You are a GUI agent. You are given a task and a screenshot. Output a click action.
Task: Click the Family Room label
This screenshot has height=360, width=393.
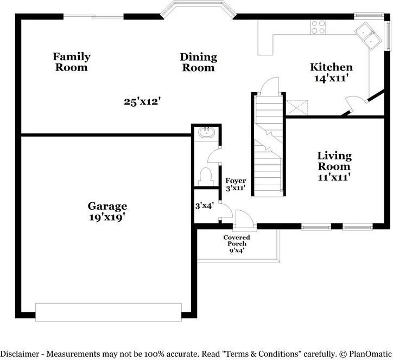click(x=71, y=62)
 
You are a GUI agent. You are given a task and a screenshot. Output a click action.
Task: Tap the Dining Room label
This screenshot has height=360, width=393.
click(x=198, y=62)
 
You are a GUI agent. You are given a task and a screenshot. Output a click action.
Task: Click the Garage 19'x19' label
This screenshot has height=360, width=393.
click(x=107, y=211)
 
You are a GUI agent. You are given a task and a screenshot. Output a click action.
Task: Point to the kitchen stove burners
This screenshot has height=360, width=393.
click(x=318, y=27)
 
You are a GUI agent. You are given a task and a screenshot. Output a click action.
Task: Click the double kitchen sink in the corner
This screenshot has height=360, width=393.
click(x=367, y=37)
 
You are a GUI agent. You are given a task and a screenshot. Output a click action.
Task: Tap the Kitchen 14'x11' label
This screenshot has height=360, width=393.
click(x=331, y=73)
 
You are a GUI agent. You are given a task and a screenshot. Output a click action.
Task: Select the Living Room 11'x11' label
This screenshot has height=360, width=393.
click(x=334, y=166)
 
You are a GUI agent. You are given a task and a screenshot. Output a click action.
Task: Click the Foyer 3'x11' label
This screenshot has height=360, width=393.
click(x=236, y=184)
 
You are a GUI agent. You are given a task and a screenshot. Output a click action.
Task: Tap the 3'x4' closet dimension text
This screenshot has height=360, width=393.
click(x=205, y=206)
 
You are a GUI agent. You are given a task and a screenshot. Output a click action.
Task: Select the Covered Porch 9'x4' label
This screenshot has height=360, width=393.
click(x=237, y=244)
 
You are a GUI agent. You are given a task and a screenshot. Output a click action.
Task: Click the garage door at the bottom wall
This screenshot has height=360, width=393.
click(x=108, y=312)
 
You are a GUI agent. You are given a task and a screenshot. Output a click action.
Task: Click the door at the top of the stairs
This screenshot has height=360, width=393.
click(x=270, y=87)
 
